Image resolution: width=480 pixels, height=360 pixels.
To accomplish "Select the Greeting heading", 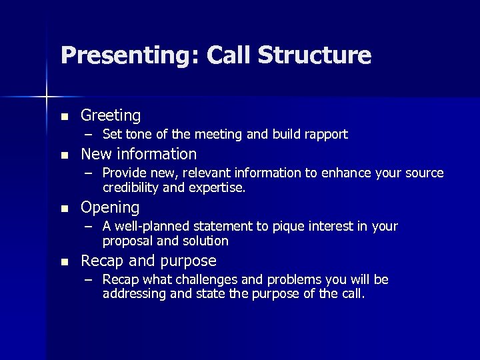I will [111, 116].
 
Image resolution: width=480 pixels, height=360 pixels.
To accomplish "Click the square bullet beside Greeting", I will [64, 117].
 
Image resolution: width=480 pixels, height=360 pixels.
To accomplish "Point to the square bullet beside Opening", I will [64, 208].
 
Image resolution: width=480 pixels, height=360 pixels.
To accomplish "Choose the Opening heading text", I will [110, 208].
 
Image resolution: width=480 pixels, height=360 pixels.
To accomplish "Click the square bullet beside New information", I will [64, 155].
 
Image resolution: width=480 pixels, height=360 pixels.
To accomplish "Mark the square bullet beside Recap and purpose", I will [64, 261].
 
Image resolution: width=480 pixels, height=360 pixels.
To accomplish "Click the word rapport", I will [325, 135].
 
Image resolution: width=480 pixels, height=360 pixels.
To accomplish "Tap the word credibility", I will [129, 188].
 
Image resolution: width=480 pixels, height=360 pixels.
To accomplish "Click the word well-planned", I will [147, 227].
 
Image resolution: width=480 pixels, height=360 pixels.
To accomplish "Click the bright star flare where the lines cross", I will [47, 97].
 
